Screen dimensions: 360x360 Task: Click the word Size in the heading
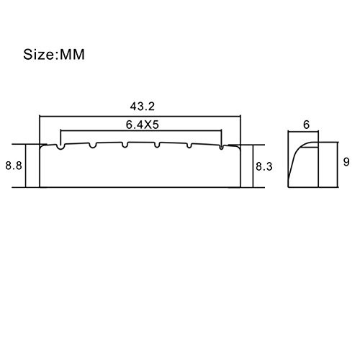[x=39, y=54]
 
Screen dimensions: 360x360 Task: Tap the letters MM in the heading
[x=72, y=55]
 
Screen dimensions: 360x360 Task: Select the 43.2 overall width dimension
[x=143, y=107]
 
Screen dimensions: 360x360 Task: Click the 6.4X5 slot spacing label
[x=143, y=125]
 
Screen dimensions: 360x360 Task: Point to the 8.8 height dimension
[x=14, y=166]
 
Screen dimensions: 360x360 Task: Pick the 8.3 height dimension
[x=264, y=166]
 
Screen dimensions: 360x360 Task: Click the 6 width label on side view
[x=307, y=125]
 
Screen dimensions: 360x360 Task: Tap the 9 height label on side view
[x=346, y=162]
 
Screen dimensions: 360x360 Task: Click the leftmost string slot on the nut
[x=61, y=147]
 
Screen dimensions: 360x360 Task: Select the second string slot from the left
[x=93, y=145]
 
